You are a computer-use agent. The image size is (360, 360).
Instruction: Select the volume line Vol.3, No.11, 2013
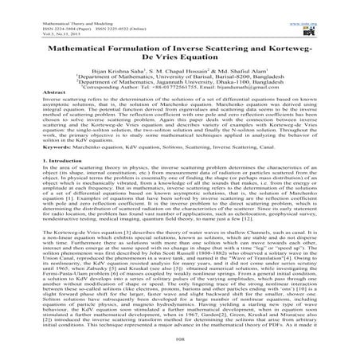tap(24, 17)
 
